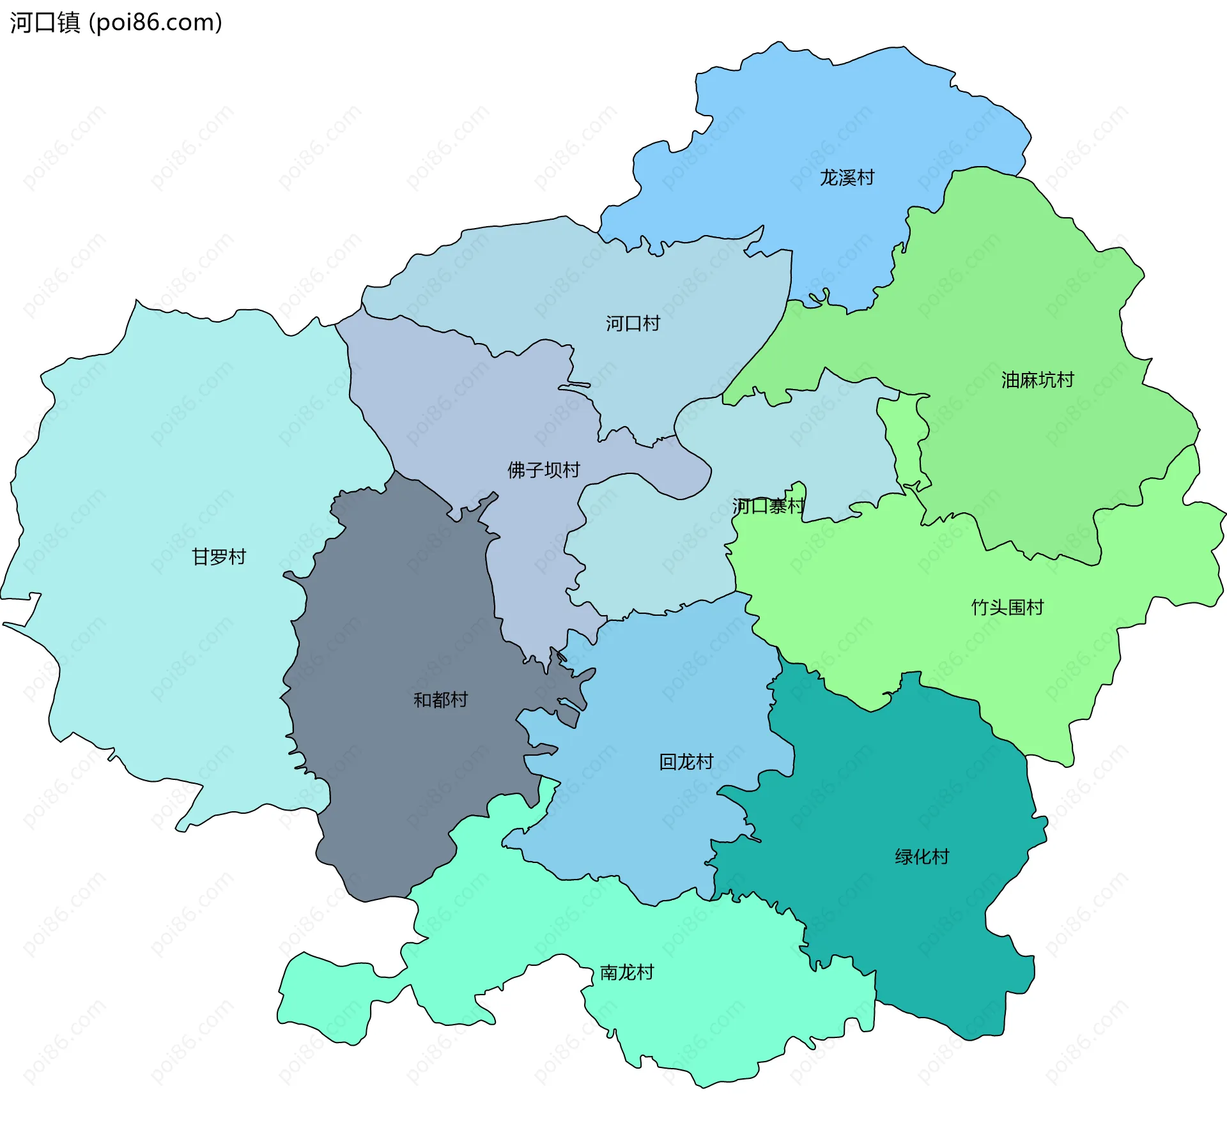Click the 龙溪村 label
pyautogui.click(x=847, y=178)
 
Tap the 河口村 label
pyautogui.click(x=633, y=323)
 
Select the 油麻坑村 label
pyautogui.click(x=1037, y=380)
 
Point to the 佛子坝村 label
pyautogui.click(x=543, y=470)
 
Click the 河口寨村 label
pyautogui.click(x=768, y=507)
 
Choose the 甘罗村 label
pyautogui.click(x=219, y=557)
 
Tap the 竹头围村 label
pyautogui.click(x=1007, y=607)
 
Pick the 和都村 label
pyautogui.click(x=440, y=700)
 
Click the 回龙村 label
pyautogui.click(x=686, y=762)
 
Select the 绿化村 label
pyautogui.click(x=922, y=857)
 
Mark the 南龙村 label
pyautogui.click(x=626, y=973)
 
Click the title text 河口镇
pyautogui.click(x=45, y=22)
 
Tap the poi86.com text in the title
pyautogui.click(x=155, y=22)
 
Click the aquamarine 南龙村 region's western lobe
pyautogui.click(x=326, y=996)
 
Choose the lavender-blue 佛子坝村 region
pyautogui.click(x=447, y=396)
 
